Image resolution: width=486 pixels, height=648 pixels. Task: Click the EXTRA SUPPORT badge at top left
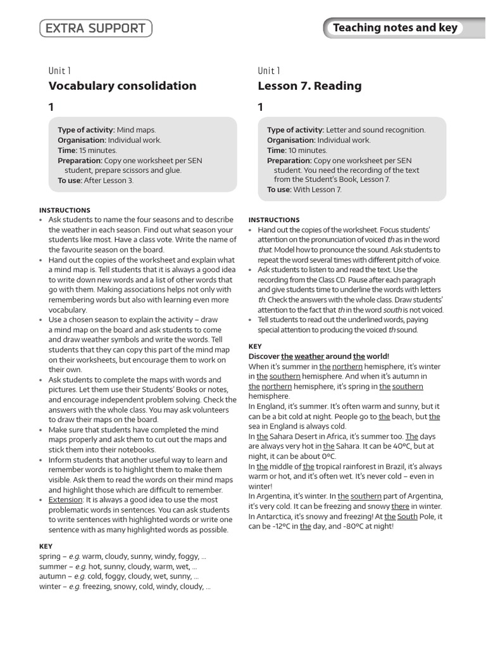[x=96, y=28]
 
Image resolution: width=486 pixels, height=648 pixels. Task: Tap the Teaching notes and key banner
[x=395, y=28]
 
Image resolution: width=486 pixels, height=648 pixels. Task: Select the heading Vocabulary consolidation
[x=122, y=85]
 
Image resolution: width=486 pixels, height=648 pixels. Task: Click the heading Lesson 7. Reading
[x=309, y=85]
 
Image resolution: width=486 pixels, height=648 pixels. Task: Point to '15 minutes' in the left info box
[x=98, y=151]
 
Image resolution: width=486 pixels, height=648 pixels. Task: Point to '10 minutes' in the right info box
[x=308, y=151]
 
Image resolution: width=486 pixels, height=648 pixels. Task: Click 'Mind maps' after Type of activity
[x=136, y=130]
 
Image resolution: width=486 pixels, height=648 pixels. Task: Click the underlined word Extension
[x=65, y=499]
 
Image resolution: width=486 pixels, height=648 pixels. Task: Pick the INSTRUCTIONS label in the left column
[x=65, y=210]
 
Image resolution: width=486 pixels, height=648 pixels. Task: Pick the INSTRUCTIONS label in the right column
[x=274, y=220]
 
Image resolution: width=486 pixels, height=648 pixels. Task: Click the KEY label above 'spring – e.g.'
[x=46, y=546]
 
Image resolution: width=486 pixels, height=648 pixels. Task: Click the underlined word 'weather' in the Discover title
[x=309, y=356]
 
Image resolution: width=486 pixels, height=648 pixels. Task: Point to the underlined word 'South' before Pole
[x=408, y=516]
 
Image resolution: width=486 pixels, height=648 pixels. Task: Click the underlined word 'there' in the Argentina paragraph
[x=400, y=506]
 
